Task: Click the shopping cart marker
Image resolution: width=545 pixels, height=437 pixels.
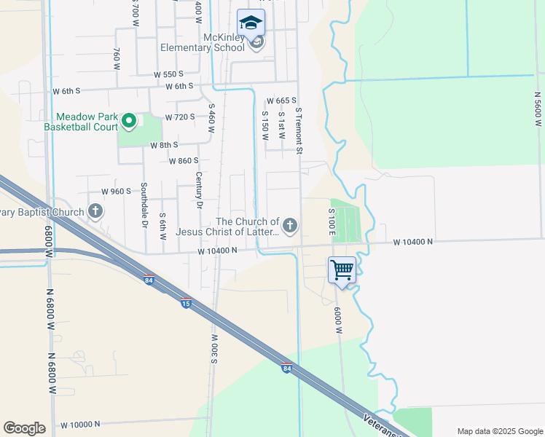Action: [342, 269]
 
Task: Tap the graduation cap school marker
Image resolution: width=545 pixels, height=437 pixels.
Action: [251, 23]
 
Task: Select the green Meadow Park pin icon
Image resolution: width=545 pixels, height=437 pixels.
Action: [129, 121]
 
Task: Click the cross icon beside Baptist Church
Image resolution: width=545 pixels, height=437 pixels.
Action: [95, 212]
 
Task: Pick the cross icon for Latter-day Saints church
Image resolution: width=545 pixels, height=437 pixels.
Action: [290, 226]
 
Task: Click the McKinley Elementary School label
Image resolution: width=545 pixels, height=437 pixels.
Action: [203, 43]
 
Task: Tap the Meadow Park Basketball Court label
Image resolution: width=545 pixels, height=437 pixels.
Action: [81, 122]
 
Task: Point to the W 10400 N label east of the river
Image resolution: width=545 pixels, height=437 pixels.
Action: [413, 242]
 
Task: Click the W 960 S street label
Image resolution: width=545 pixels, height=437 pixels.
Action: [116, 191]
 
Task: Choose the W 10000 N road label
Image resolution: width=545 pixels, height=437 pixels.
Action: [90, 424]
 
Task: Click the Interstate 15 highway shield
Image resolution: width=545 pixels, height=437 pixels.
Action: [187, 303]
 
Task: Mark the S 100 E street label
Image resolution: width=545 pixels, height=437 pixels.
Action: [331, 224]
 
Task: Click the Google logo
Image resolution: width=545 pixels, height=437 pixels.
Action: [24, 428]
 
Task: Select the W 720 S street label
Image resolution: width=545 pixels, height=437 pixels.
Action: [179, 117]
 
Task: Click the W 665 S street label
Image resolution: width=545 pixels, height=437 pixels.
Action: [281, 101]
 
